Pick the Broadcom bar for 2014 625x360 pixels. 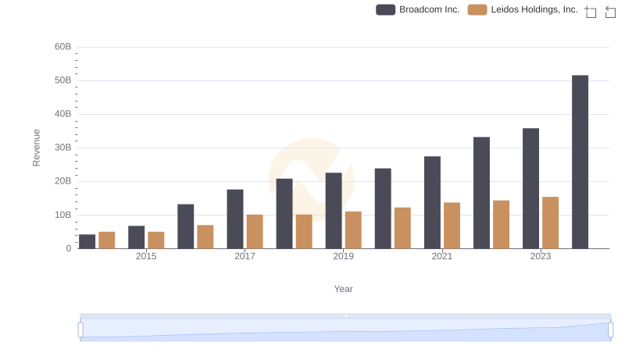point(87,241)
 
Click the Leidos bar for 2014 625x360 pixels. point(107,240)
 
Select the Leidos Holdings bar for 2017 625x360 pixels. point(255,231)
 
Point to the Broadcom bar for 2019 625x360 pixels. point(334,210)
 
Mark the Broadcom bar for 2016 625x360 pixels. point(186,226)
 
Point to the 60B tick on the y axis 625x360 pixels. point(63,47)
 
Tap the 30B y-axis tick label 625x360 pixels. point(63,148)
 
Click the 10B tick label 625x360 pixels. point(63,215)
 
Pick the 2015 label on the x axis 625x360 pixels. point(146,256)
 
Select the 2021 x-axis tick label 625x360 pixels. point(442,256)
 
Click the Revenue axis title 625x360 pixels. point(36,148)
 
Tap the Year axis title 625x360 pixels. point(344,289)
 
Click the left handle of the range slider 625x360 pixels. point(80,330)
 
